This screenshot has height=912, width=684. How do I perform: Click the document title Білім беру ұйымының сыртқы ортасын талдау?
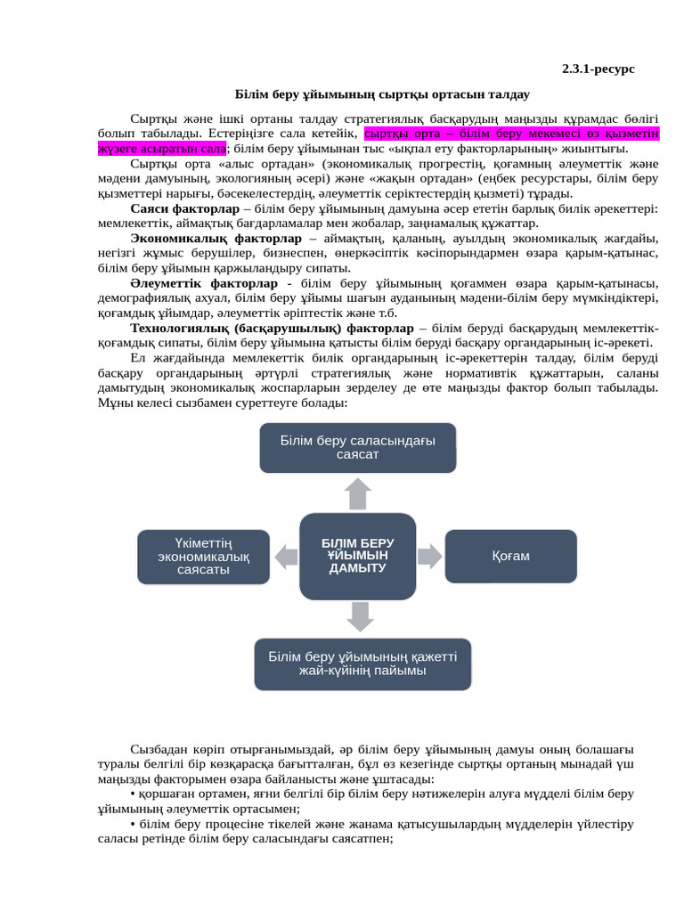(382, 94)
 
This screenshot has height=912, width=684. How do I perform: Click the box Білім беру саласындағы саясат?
(357, 447)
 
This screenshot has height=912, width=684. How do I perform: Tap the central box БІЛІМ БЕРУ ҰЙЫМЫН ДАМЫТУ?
(357, 556)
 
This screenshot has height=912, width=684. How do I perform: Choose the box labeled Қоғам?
(510, 556)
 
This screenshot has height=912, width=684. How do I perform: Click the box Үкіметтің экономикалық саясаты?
(203, 556)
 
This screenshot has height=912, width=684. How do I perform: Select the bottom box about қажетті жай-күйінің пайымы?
(362, 664)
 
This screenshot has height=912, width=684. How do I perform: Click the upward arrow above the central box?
(358, 493)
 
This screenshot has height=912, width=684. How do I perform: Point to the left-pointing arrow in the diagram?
(286, 558)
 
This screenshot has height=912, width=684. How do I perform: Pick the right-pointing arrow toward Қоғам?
(430, 557)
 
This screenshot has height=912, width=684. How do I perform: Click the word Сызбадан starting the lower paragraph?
(158, 749)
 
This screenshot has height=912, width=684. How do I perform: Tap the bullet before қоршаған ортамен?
(133, 794)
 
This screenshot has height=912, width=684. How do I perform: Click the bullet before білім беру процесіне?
(133, 824)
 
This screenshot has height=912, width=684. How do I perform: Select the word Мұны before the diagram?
(113, 403)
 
